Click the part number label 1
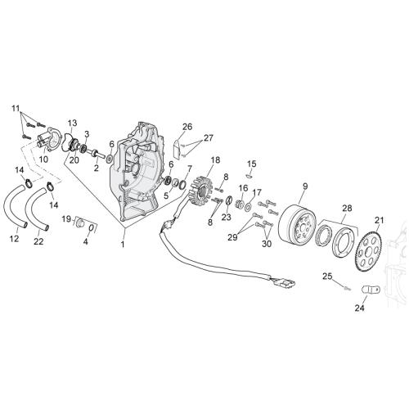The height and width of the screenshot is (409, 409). pos(123,245)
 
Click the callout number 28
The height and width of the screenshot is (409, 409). pos(348,209)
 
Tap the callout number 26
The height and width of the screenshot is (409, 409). pos(187,127)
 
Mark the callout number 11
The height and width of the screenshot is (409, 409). pos(16,109)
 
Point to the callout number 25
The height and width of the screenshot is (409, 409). pos(328,276)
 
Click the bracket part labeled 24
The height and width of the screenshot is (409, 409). pos(371,290)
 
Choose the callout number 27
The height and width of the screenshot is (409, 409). pos(208,138)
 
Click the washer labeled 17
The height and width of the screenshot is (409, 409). pos(248,207)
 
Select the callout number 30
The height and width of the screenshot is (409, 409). pos(267,244)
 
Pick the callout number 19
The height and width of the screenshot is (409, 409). pos(66,218)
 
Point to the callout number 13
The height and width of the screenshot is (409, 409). pos(72,123)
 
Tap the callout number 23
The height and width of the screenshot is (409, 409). pos(226,217)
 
